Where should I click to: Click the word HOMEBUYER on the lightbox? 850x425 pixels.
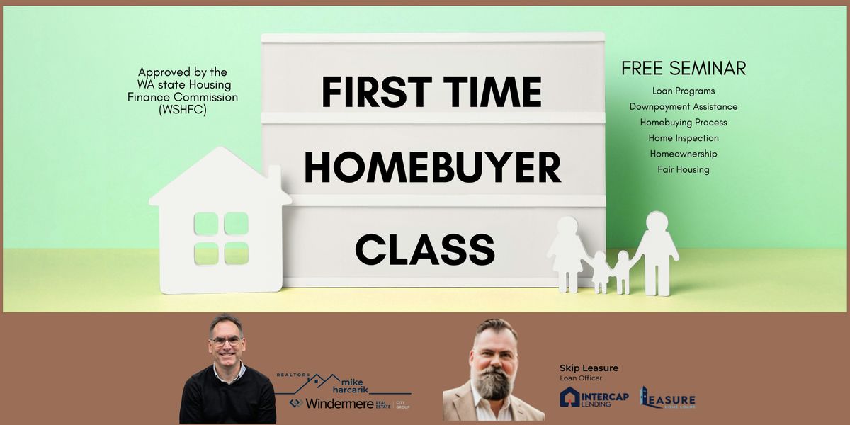coord(432,169)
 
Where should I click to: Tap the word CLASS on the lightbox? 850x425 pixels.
coord(425,249)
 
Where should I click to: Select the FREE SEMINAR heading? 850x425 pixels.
coord(684,69)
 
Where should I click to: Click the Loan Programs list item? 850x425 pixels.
coord(684,91)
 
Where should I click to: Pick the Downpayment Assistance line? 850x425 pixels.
coord(684,106)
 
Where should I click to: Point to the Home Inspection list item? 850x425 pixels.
coord(684,138)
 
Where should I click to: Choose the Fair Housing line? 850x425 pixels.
coord(684,169)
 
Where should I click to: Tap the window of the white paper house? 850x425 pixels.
coord(221,238)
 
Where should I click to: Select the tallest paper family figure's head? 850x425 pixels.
coord(657,222)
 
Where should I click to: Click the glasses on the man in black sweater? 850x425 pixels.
coord(226,341)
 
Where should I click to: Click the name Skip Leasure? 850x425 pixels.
coord(589,368)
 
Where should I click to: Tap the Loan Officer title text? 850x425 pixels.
coord(580,378)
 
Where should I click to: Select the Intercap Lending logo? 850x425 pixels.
coord(594,397)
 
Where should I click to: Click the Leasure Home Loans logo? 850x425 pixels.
coord(668,398)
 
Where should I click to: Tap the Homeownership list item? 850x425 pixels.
coord(684,154)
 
